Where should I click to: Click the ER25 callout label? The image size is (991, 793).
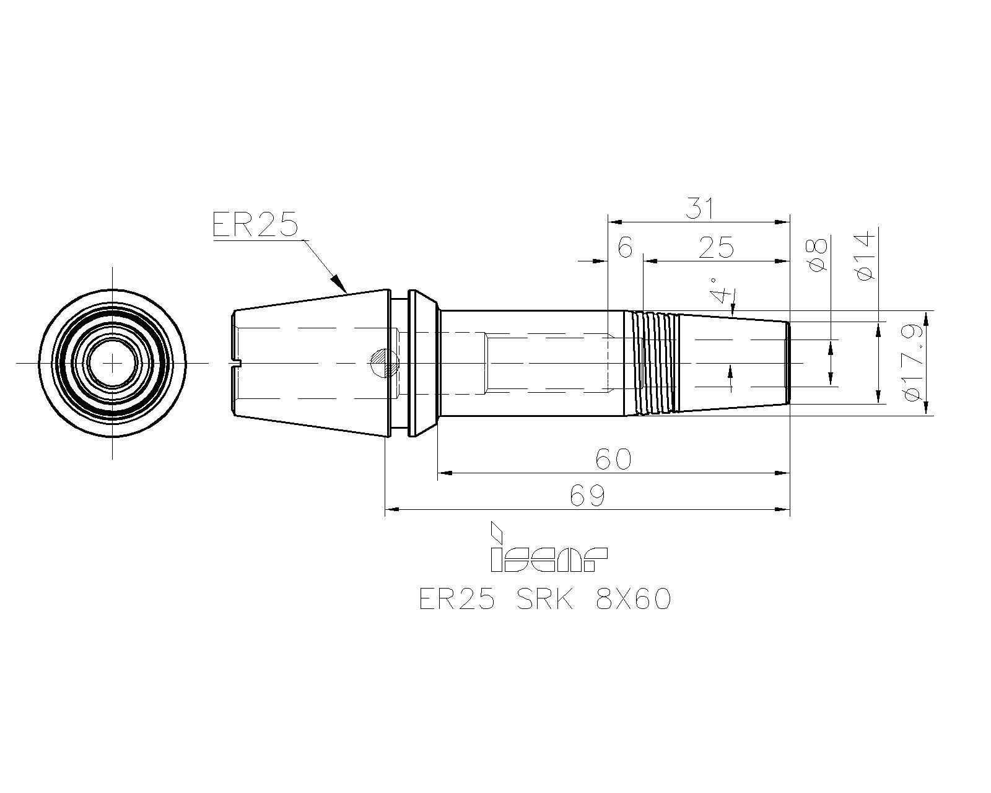point(256,224)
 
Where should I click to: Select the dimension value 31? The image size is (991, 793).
point(699,208)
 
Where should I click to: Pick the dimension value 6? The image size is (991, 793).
point(625,248)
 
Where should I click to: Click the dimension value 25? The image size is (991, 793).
point(715,248)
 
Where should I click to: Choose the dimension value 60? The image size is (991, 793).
point(613,459)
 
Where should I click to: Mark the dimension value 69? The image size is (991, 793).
point(587,496)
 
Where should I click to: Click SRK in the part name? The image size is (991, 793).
point(545,600)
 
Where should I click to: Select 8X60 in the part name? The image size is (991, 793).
point(633,600)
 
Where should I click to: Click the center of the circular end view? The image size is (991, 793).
point(112,364)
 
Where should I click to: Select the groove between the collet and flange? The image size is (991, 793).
point(399,363)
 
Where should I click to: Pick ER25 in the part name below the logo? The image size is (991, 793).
point(457,600)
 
